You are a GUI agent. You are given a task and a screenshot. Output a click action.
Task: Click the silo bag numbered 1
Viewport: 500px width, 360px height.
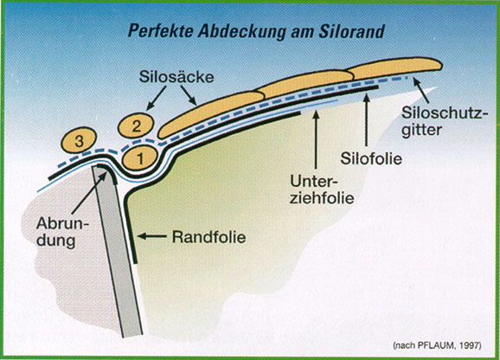(140, 158)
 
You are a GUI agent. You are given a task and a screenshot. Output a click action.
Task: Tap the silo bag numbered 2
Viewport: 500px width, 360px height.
(136, 126)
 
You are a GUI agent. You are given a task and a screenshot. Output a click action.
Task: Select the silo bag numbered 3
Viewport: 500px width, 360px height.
(79, 140)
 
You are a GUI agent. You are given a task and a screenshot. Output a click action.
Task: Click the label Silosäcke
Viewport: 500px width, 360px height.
(176, 77)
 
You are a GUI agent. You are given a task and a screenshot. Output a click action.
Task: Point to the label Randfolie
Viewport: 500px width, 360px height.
(208, 237)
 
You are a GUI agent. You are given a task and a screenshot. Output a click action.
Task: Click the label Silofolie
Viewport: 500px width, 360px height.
(371, 158)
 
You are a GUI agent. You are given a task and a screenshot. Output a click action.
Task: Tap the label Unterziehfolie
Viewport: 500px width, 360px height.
(322, 190)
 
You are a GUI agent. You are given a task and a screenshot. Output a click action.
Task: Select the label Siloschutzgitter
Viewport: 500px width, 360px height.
(445, 121)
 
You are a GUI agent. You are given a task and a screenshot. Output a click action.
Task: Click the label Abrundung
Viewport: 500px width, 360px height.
(62, 232)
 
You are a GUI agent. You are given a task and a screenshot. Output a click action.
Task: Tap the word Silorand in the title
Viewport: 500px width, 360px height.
(351, 31)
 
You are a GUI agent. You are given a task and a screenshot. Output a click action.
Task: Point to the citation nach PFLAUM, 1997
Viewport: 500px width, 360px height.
(437, 345)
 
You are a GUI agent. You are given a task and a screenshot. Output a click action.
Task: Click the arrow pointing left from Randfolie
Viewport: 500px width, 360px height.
(151, 236)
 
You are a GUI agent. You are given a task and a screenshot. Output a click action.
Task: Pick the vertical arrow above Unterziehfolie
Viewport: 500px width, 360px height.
(316, 139)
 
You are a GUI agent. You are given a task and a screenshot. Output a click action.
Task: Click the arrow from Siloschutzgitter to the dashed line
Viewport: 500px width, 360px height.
(420, 91)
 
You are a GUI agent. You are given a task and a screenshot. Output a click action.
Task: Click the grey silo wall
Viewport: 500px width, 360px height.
(118, 252)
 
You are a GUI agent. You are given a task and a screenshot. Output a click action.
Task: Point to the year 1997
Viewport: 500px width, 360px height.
(470, 345)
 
